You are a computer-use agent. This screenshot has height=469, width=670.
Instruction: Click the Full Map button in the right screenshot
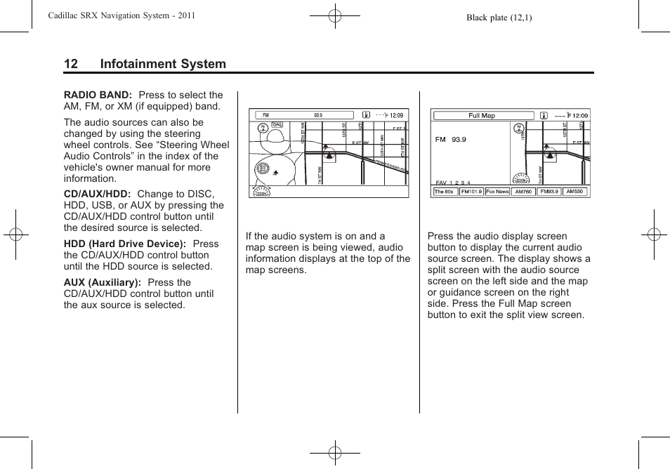pos(482,116)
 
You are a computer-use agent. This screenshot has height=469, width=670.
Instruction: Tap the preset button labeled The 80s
pos(444,192)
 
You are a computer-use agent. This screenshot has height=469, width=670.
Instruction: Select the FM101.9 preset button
pos(471,192)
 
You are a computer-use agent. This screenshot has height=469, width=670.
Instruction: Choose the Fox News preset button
pos(497,192)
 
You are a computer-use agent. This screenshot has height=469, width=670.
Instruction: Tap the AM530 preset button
pos(574,192)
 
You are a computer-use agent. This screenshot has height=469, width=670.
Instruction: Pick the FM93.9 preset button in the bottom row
pos(549,192)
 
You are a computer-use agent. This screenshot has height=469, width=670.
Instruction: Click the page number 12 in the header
pos(70,64)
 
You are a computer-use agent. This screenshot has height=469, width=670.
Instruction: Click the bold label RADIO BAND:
pos(98,95)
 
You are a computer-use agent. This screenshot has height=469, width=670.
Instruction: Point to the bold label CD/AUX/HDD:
pos(98,194)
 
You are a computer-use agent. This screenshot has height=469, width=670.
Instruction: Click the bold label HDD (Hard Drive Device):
pos(124,244)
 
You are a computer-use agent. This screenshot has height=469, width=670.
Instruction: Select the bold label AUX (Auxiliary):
pos(103,282)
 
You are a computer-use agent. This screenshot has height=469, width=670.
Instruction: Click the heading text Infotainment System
pos(163,64)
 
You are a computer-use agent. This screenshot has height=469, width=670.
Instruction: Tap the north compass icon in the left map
pos(262,128)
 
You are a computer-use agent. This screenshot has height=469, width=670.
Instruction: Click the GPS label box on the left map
pos(277,125)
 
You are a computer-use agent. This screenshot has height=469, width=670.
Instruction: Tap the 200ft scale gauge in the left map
pos(261,191)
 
